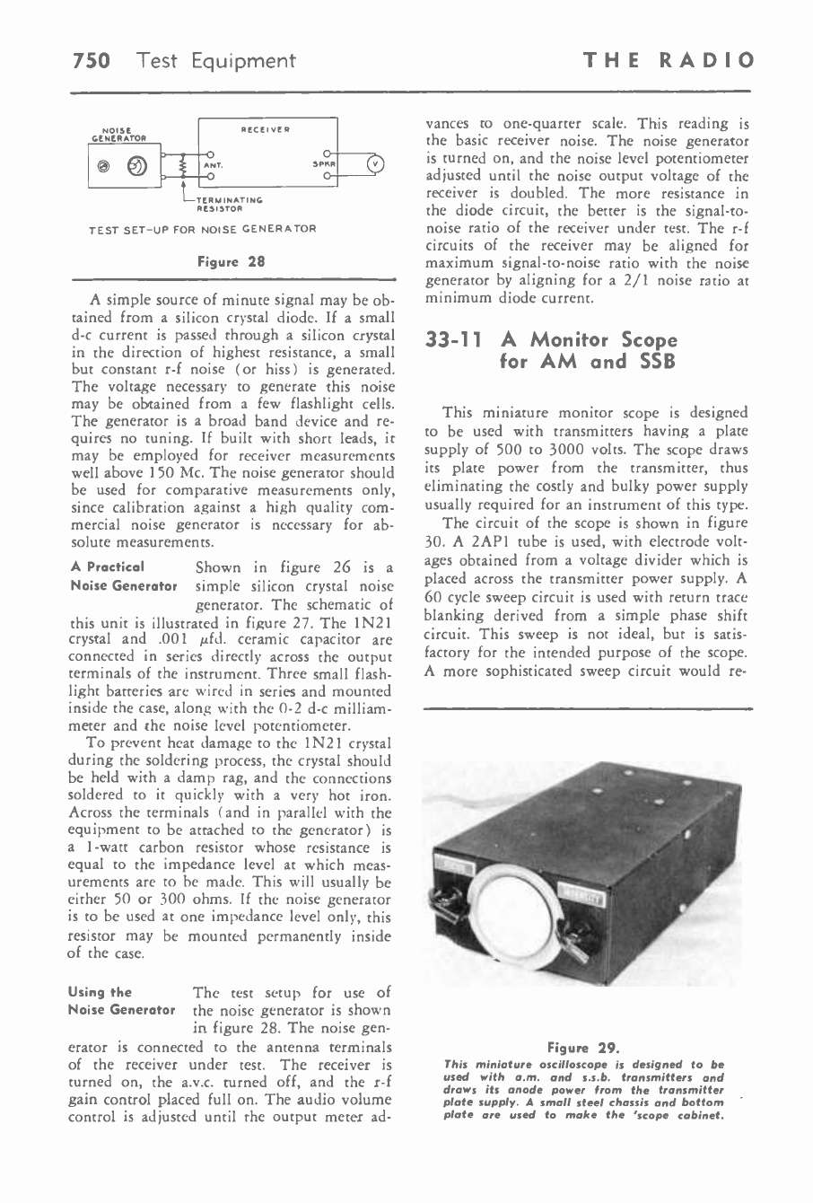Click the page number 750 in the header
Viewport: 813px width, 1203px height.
(x=91, y=61)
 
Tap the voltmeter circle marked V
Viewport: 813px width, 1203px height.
(x=376, y=164)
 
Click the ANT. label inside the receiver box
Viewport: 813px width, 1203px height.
(x=213, y=165)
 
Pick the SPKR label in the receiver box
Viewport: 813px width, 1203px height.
(x=323, y=165)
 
